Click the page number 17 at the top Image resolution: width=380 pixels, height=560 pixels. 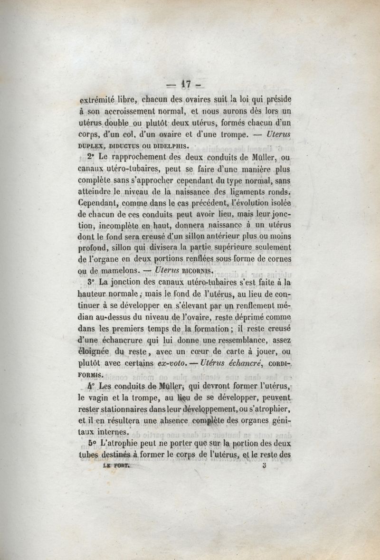(185, 85)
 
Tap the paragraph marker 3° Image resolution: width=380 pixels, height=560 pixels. (92, 282)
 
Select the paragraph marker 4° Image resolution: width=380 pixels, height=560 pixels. (92, 386)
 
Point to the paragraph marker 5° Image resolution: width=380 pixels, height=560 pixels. (92, 443)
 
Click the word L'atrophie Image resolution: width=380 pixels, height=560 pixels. (123, 444)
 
